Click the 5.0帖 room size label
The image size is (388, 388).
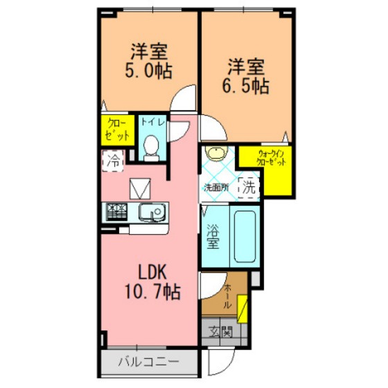(x=148, y=71)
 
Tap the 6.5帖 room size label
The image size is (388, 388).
(x=246, y=86)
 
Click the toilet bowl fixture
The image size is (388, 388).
(x=151, y=148)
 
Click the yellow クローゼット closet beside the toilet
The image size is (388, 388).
(x=118, y=130)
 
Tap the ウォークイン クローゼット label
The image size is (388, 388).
(x=271, y=158)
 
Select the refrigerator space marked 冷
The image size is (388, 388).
(x=113, y=161)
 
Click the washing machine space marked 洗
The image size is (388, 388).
(x=249, y=188)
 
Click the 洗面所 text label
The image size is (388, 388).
(x=215, y=188)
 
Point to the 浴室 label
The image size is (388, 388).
(x=213, y=236)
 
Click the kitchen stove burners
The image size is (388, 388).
(x=116, y=212)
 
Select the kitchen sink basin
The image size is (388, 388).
(x=152, y=212)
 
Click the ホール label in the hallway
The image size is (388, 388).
(x=227, y=297)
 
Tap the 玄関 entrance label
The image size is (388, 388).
(x=220, y=332)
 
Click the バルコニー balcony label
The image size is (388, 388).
(x=148, y=362)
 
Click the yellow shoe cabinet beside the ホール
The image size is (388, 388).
(x=242, y=309)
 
